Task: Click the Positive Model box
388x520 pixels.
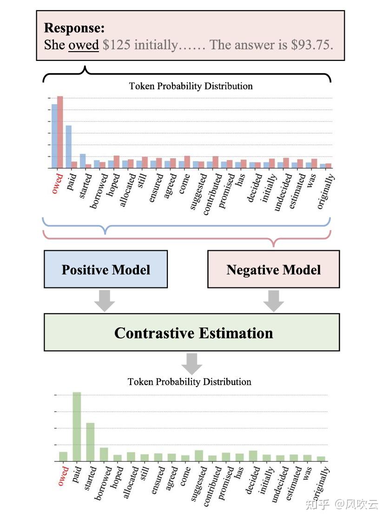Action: click(x=105, y=269)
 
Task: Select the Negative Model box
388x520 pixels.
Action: click(x=273, y=269)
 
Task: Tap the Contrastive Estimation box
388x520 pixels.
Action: click(x=191, y=333)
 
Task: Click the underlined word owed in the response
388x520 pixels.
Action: click(x=84, y=45)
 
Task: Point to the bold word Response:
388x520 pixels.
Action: click(x=74, y=28)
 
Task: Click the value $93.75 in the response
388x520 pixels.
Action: click(x=311, y=45)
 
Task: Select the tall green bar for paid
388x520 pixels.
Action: click(x=77, y=427)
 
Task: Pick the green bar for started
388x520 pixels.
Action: click(x=90, y=442)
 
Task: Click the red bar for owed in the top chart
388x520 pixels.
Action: click(x=60, y=132)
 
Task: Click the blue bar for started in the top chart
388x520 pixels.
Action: click(x=83, y=160)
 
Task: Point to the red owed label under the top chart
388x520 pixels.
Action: click(x=57, y=183)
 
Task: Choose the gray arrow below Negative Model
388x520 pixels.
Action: click(x=274, y=300)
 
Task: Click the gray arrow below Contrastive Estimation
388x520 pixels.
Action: click(x=191, y=363)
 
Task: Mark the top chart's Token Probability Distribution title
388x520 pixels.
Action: click(x=191, y=86)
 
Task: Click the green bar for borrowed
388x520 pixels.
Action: click(x=104, y=454)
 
